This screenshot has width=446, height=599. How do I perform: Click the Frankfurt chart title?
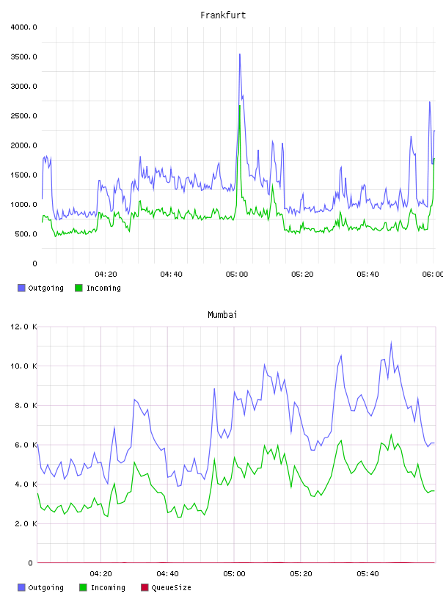[223, 15]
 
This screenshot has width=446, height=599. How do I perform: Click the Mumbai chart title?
[222, 315]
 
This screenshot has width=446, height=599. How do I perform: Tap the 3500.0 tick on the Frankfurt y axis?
[24, 57]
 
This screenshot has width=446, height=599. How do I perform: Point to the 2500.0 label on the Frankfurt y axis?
[24, 116]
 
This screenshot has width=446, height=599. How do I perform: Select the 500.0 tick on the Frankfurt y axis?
[26, 233]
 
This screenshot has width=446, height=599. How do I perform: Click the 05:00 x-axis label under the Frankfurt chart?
[237, 275]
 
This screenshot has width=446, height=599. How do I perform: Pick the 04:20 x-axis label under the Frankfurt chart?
[106, 275]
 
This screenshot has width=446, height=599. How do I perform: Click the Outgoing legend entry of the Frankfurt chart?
[41, 288]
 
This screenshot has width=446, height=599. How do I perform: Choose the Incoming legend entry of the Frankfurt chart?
[98, 288]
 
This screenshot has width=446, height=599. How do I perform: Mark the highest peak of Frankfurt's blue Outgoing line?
[240, 54]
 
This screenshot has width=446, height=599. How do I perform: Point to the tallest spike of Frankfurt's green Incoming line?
[239, 106]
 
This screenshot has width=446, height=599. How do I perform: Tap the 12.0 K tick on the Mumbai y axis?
[24, 327]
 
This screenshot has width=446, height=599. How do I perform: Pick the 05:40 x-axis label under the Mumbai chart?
[368, 574]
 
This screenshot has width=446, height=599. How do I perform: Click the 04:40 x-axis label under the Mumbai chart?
[168, 574]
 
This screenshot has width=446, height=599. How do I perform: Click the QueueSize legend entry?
[166, 587]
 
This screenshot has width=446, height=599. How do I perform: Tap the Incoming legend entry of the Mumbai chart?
[103, 587]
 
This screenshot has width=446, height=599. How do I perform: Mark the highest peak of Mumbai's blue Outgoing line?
[391, 343]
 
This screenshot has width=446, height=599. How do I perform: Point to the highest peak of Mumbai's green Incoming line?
[391, 435]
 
